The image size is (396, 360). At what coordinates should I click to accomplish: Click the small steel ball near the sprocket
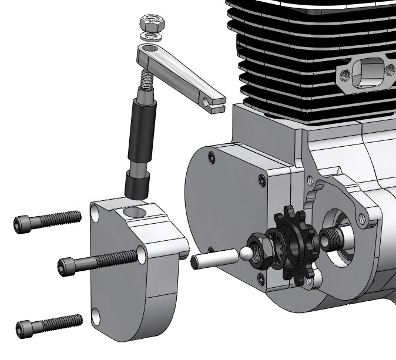(245, 254)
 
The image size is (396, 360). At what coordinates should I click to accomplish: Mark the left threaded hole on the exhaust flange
(344, 75)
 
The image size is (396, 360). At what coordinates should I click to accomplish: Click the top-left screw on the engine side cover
(211, 156)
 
